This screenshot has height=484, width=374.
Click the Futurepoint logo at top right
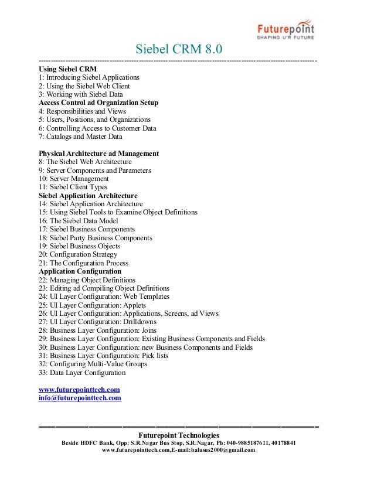287,30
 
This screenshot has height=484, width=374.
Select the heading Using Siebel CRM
67,69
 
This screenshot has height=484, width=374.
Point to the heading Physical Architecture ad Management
98,154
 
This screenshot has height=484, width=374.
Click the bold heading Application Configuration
80,271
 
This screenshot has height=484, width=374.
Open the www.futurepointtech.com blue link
79,390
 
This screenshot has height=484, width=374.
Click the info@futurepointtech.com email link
80,398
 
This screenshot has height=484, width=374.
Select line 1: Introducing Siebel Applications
89,77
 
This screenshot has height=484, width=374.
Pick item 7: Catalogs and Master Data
80,137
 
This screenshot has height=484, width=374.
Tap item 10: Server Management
74,179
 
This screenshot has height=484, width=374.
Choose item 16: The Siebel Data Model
78,221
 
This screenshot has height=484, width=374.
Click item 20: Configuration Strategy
78,255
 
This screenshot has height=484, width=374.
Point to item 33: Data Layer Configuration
82,373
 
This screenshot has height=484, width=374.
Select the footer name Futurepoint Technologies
178,435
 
